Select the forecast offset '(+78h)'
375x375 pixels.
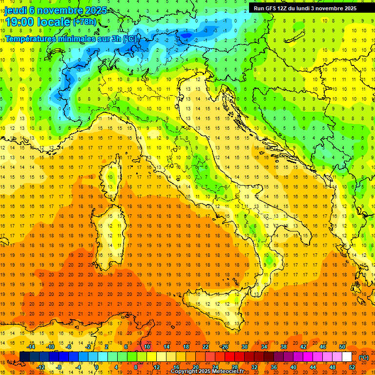(x=84, y=22)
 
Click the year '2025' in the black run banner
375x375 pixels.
(x=348, y=8)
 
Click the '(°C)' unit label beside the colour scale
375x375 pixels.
(x=364, y=357)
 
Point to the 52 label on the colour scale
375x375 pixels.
(x=352, y=367)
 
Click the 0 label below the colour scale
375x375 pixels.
(x=97, y=367)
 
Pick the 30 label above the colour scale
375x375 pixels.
(x=245, y=347)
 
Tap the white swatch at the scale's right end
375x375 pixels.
(x=347, y=356)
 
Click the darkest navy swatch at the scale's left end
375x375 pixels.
(x=24, y=356)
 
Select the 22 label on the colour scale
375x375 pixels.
(x=206, y=347)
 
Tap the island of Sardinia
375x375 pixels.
(x=113, y=229)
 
